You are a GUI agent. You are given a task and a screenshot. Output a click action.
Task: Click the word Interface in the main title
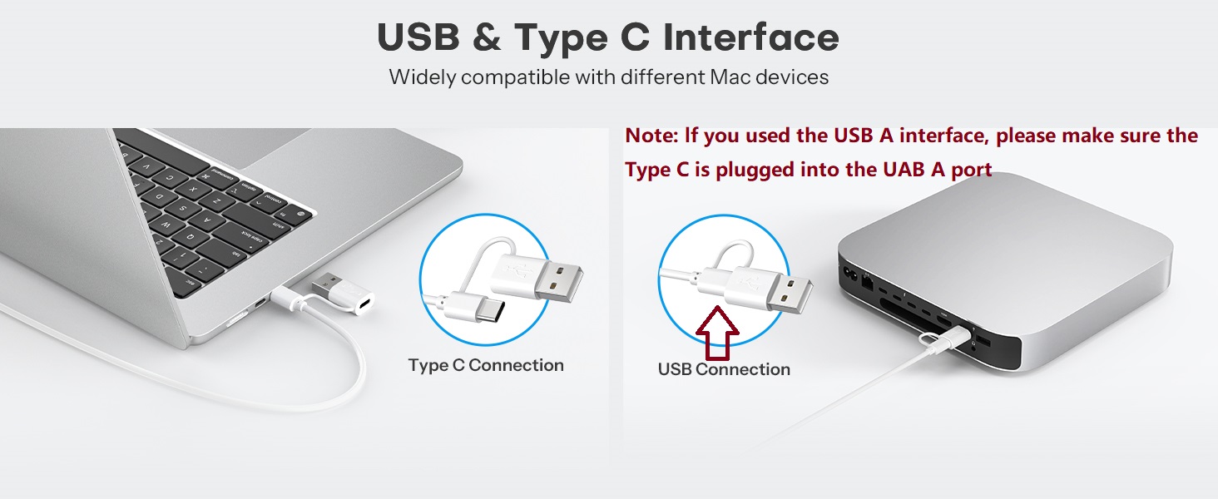click(751, 37)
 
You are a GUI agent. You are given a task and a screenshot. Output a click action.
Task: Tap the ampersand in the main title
click(487, 37)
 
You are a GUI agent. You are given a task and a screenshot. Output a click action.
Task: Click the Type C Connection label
click(486, 365)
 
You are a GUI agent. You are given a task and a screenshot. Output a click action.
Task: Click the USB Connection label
click(724, 369)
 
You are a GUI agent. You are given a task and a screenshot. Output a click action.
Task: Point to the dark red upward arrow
click(718, 333)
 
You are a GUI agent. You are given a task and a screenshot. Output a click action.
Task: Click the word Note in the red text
click(649, 136)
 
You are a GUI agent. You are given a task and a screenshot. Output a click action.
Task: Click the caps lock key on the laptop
click(251, 237)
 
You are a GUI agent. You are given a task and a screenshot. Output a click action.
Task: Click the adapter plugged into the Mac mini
click(948, 334)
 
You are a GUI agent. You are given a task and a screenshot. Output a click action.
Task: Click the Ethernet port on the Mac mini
click(867, 282)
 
